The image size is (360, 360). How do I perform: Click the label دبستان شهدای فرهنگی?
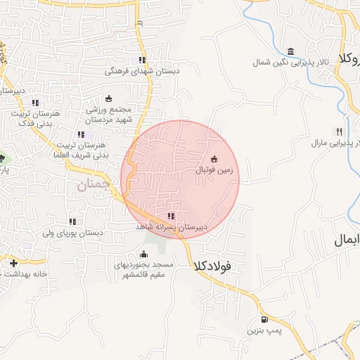click(x=143, y=71)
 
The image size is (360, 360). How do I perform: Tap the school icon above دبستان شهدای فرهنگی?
click(x=143, y=60)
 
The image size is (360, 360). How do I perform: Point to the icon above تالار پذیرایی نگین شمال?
click(x=290, y=51)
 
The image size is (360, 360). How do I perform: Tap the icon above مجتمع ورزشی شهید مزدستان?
click(x=109, y=99)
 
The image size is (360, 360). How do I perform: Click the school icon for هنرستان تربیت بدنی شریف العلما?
click(x=81, y=134)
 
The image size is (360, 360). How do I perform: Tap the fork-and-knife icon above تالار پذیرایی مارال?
click(x=339, y=131)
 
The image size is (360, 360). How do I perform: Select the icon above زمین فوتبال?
click(x=214, y=158)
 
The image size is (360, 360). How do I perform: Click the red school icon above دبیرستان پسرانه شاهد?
click(x=171, y=217)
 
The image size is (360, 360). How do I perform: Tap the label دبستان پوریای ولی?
click(x=73, y=233)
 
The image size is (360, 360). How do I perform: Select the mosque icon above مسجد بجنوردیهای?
click(x=146, y=254)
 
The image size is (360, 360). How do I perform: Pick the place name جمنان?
click(x=92, y=186)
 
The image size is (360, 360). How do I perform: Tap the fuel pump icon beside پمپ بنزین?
click(x=264, y=319)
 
